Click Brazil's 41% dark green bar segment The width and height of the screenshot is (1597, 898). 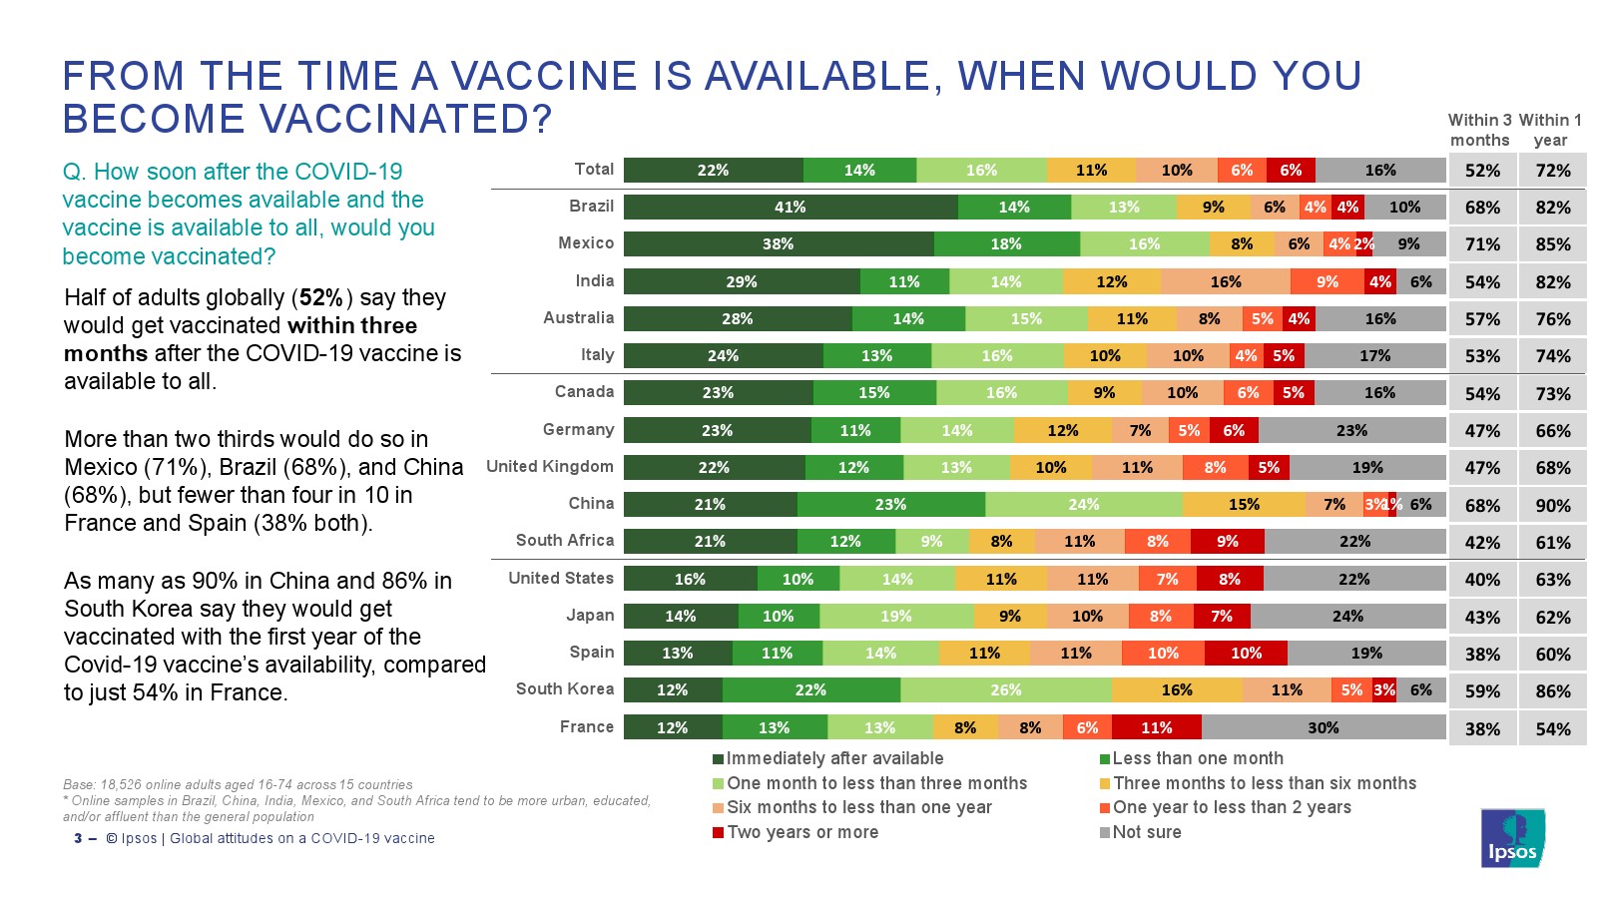pos(791,208)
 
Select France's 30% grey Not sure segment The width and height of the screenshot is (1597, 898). pos(1324,728)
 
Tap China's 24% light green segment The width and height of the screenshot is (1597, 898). pos(1084,505)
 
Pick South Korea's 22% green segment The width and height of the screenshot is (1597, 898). pos(810,690)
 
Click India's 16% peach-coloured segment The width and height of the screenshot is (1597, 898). pos(1226,282)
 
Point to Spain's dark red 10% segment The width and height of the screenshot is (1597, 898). pos(1246,654)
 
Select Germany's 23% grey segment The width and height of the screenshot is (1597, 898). pos(1351,431)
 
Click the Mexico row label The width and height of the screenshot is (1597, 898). pos(586,243)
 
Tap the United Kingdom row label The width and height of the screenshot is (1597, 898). pos(550,467)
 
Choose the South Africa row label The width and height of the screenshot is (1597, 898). pos(565,541)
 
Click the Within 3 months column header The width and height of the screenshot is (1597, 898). pos(1479,131)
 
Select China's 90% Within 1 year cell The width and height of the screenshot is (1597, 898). pos(1553,506)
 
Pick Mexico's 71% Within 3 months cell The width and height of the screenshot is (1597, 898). pos(1482,244)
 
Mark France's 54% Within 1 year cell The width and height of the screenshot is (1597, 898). pos(1553,729)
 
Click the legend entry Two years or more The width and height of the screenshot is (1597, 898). pos(801,832)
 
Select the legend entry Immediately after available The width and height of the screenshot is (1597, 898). pos(833,759)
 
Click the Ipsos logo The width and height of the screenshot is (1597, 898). pos(1512,838)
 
